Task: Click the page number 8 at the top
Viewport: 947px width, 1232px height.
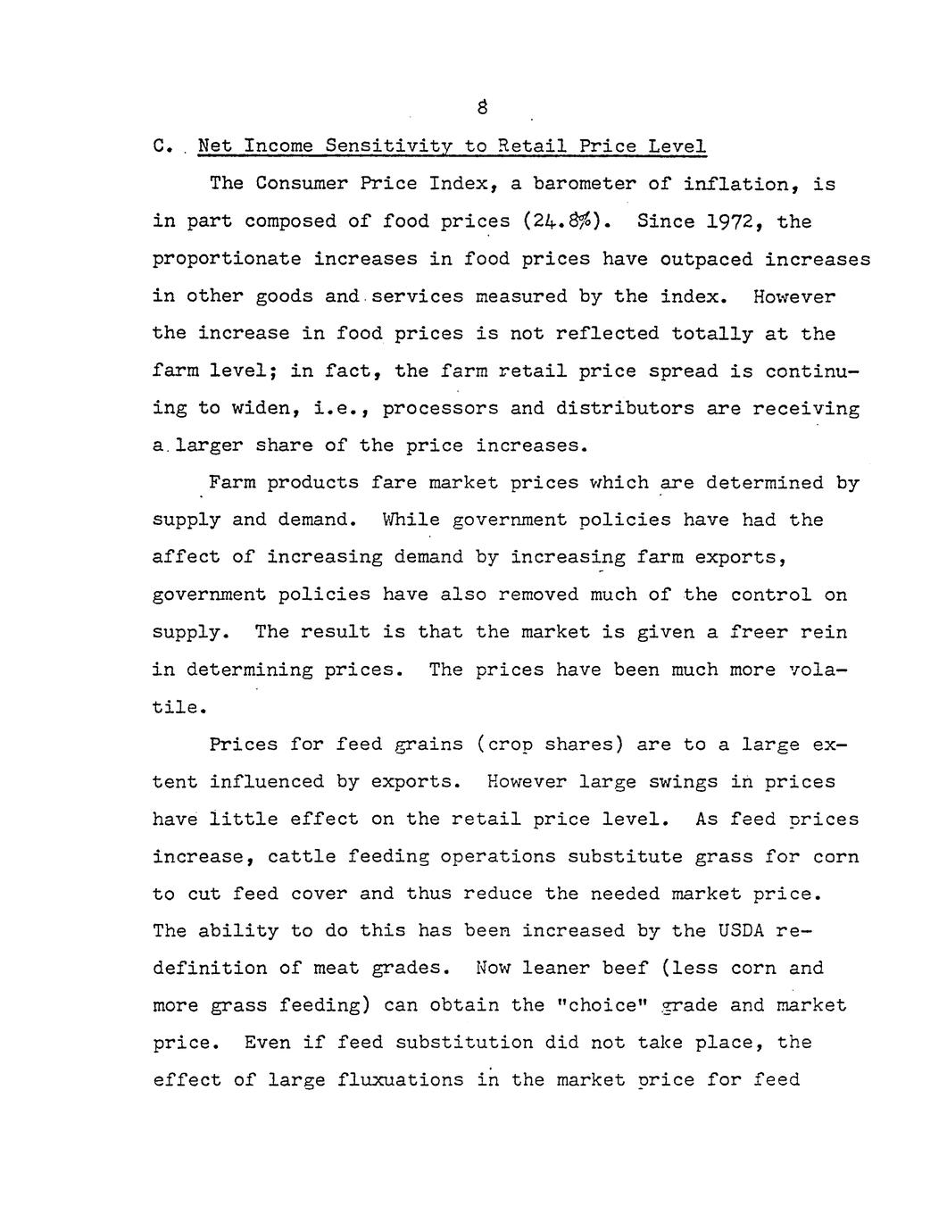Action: (x=482, y=108)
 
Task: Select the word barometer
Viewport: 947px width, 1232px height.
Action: (x=584, y=184)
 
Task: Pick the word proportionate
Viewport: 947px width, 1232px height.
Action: (x=226, y=259)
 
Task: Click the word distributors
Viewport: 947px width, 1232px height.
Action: (x=615, y=409)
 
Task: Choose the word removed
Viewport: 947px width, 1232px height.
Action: (x=532, y=595)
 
